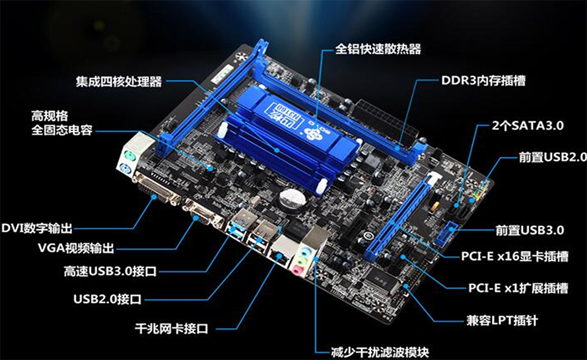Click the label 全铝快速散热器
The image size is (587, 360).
point(378,49)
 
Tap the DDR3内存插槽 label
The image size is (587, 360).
point(483,81)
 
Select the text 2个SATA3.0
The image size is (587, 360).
point(528,126)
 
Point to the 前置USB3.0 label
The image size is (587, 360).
point(530,230)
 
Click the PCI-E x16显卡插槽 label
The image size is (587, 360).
point(515,256)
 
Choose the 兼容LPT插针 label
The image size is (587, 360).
point(502,320)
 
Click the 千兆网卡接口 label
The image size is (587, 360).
point(171,329)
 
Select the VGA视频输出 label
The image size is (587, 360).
point(76,248)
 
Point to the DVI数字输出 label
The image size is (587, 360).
point(37,228)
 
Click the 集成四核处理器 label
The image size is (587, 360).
point(119,81)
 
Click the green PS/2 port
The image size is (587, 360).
point(129,155)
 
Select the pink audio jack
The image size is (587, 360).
point(298,270)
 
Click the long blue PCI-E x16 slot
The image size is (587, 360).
point(401,217)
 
